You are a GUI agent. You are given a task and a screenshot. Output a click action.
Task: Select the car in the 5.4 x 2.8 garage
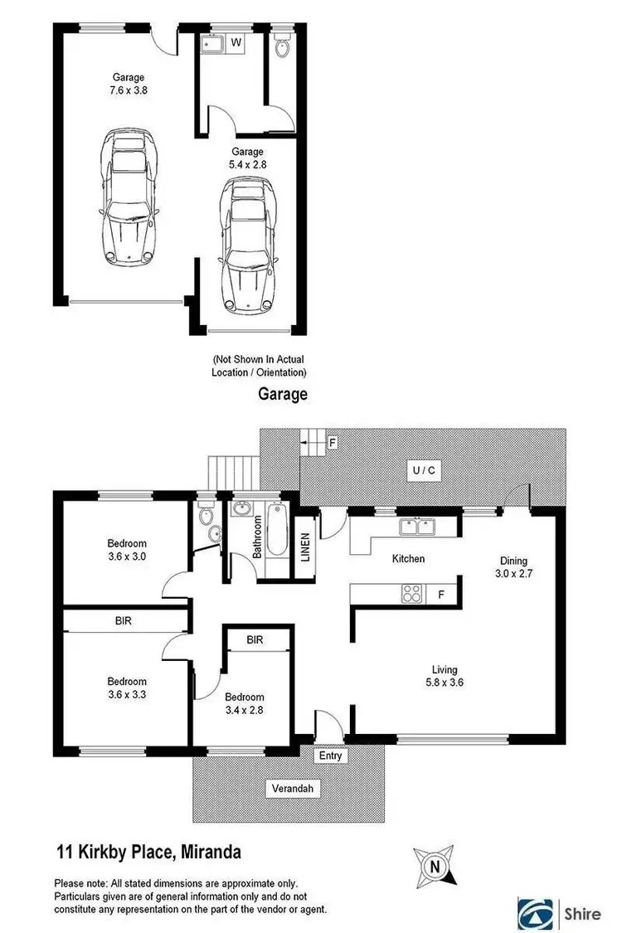[x=247, y=247]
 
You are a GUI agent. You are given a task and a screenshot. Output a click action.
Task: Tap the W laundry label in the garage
[x=236, y=41]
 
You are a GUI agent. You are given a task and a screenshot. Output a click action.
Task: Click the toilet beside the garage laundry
[x=282, y=46]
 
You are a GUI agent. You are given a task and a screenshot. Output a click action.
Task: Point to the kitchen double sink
[x=415, y=526]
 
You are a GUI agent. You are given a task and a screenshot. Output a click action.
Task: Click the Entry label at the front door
[x=330, y=756]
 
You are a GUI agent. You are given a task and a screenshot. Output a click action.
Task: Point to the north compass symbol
[x=435, y=867]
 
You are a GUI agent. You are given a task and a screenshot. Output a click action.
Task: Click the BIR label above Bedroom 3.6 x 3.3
[x=124, y=620]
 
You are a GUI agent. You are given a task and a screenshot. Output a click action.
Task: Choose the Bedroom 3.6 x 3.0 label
[x=126, y=551]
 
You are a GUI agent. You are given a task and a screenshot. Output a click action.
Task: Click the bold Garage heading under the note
[x=282, y=395]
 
